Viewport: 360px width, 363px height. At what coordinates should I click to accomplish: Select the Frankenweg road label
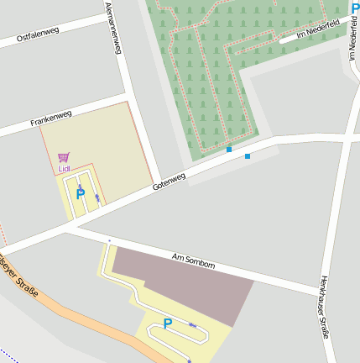click(x=51, y=118)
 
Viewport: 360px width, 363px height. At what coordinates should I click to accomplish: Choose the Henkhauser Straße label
click(x=326, y=307)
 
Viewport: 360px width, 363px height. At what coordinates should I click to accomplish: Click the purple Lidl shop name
click(x=65, y=169)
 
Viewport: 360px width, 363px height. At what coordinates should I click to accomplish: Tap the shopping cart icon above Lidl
click(x=64, y=157)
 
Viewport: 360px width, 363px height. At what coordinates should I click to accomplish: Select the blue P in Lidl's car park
click(x=81, y=194)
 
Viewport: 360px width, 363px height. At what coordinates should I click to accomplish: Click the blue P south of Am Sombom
click(x=168, y=324)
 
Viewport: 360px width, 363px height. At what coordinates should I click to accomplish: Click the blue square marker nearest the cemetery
click(x=229, y=150)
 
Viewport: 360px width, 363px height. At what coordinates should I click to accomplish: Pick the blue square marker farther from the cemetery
click(x=248, y=156)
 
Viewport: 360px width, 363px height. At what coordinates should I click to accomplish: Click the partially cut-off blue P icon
click(x=355, y=7)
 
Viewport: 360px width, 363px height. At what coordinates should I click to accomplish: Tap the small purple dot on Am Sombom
click(x=109, y=241)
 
